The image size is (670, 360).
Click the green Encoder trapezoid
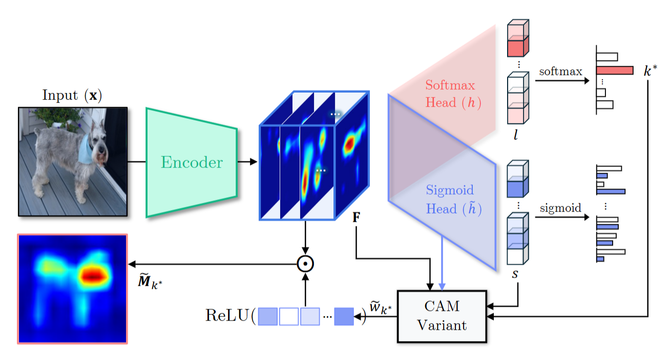(192, 162)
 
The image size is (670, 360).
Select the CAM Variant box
(442, 316)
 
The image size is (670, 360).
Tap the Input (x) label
(72, 96)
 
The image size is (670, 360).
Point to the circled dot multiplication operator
(305, 264)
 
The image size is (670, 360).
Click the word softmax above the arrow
(560, 71)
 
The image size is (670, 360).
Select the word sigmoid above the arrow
(561, 208)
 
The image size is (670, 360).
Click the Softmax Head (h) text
(450, 94)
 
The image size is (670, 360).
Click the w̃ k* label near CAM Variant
(381, 307)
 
